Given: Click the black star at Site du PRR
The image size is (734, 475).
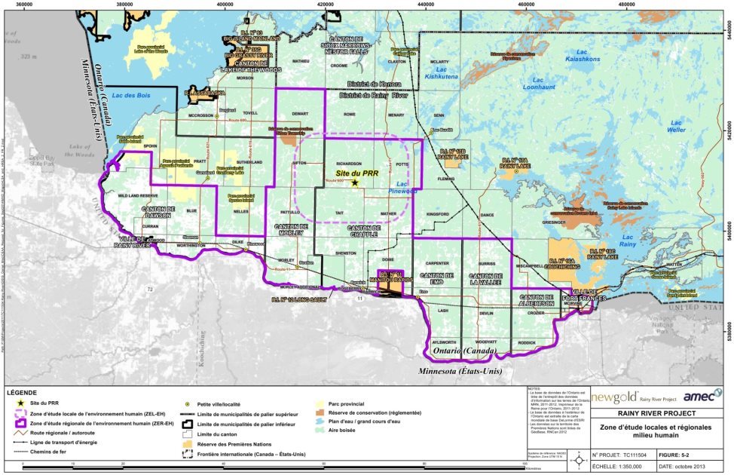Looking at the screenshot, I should tap(354, 182).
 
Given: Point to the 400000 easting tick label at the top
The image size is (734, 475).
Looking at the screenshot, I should tap(225, 4).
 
